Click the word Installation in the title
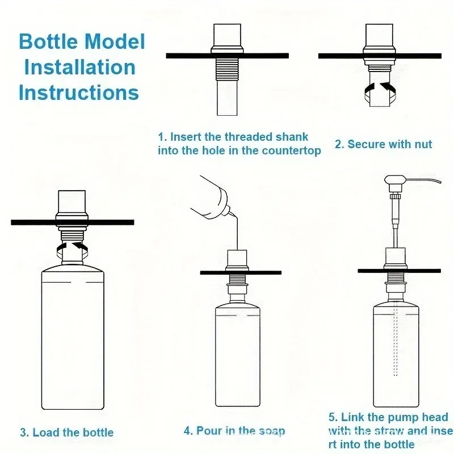pos(79,67)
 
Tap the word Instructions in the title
pos(78,92)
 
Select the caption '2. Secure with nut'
pos(383,144)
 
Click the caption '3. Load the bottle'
pos(67,432)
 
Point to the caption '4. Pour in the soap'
pos(234,431)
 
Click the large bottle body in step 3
pos(73,340)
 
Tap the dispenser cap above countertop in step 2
pos(380,37)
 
